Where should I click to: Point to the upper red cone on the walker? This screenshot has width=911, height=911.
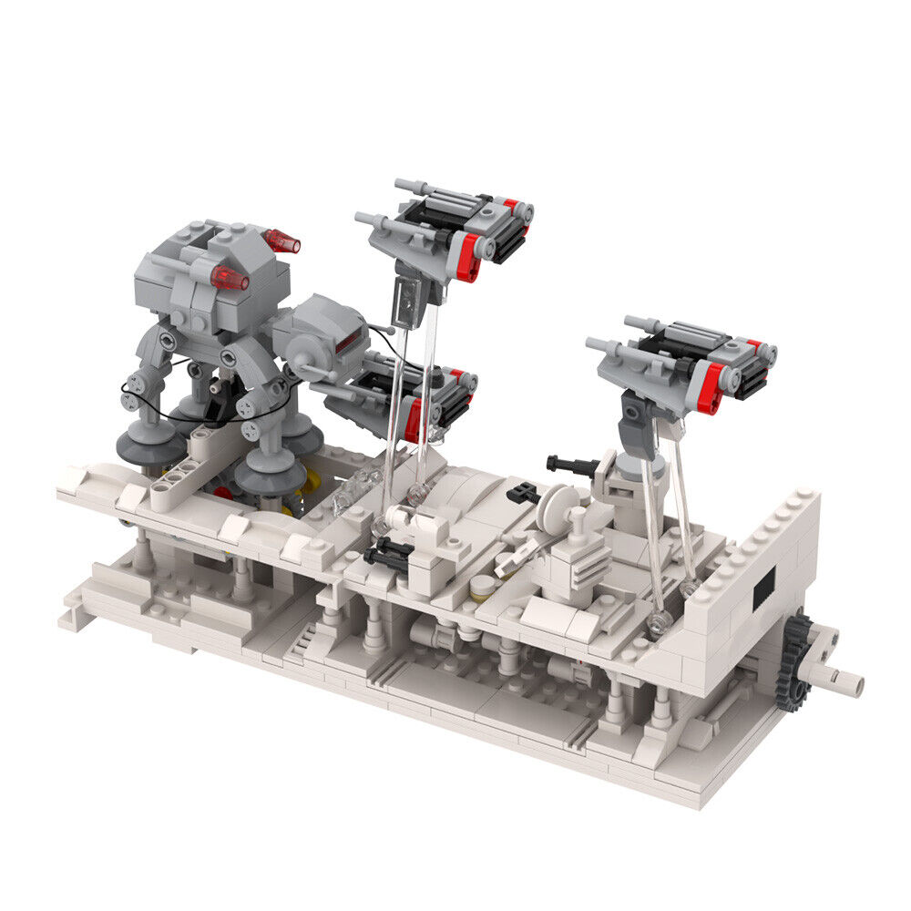point(282,241)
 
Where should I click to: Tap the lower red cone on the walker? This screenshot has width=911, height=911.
point(230,278)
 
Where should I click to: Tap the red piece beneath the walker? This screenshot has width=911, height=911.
point(222,492)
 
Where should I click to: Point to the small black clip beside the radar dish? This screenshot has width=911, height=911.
point(521,493)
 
